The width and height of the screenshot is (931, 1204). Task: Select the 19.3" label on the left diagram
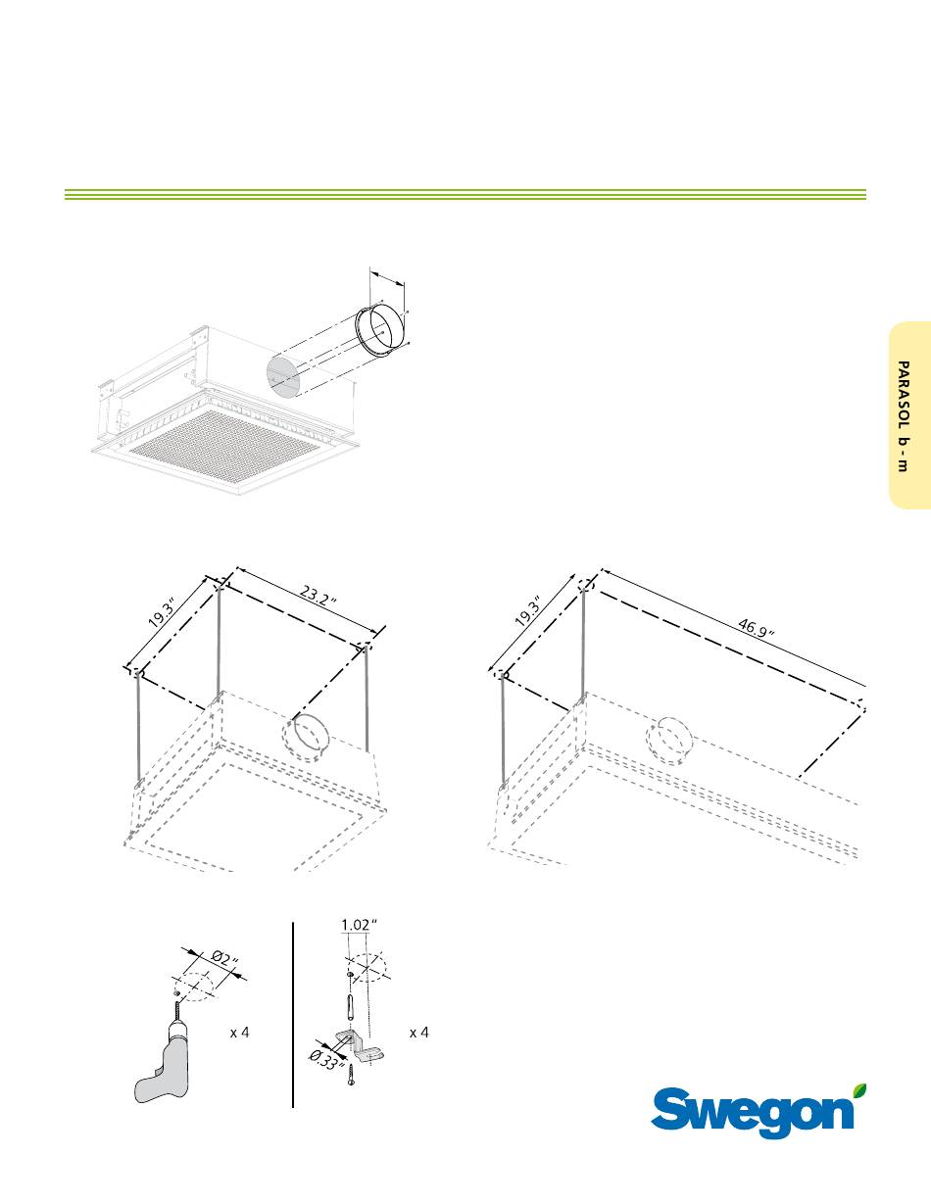tap(163, 612)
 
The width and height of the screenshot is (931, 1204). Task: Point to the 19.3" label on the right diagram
tap(528, 611)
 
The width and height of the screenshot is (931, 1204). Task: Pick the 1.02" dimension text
tap(360, 925)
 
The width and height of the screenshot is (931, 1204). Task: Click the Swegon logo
tap(759, 1113)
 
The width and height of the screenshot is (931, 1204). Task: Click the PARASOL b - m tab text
tap(903, 416)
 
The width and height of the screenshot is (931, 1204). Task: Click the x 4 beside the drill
tap(239, 1033)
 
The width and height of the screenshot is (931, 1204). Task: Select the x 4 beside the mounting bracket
tap(419, 1033)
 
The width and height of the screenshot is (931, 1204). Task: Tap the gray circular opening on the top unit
tap(284, 377)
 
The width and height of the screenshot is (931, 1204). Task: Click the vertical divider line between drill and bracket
tap(292, 1015)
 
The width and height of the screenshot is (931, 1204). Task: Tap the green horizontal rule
tap(465, 195)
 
